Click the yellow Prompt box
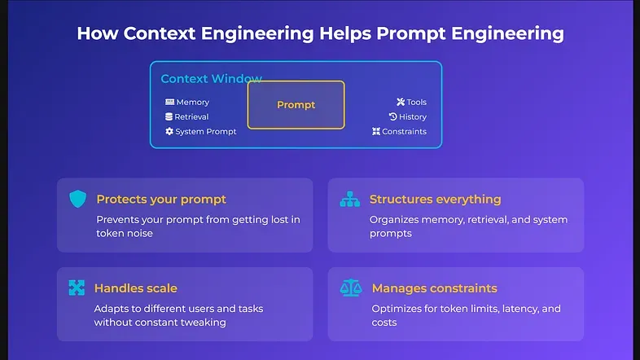coord(296,105)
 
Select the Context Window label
coord(211,79)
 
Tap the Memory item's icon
coord(169,103)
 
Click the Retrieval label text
coord(191,117)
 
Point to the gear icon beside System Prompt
coord(169,131)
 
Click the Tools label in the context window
coord(416,103)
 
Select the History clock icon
coord(392,117)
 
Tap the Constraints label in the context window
coord(404,131)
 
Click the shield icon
coord(77,200)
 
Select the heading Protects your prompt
coord(161,200)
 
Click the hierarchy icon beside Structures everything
coord(349,200)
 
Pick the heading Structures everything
coord(435,200)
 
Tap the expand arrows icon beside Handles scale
coord(77,288)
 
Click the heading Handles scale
coord(135,288)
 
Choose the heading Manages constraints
coord(434,288)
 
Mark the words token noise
coord(125,233)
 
